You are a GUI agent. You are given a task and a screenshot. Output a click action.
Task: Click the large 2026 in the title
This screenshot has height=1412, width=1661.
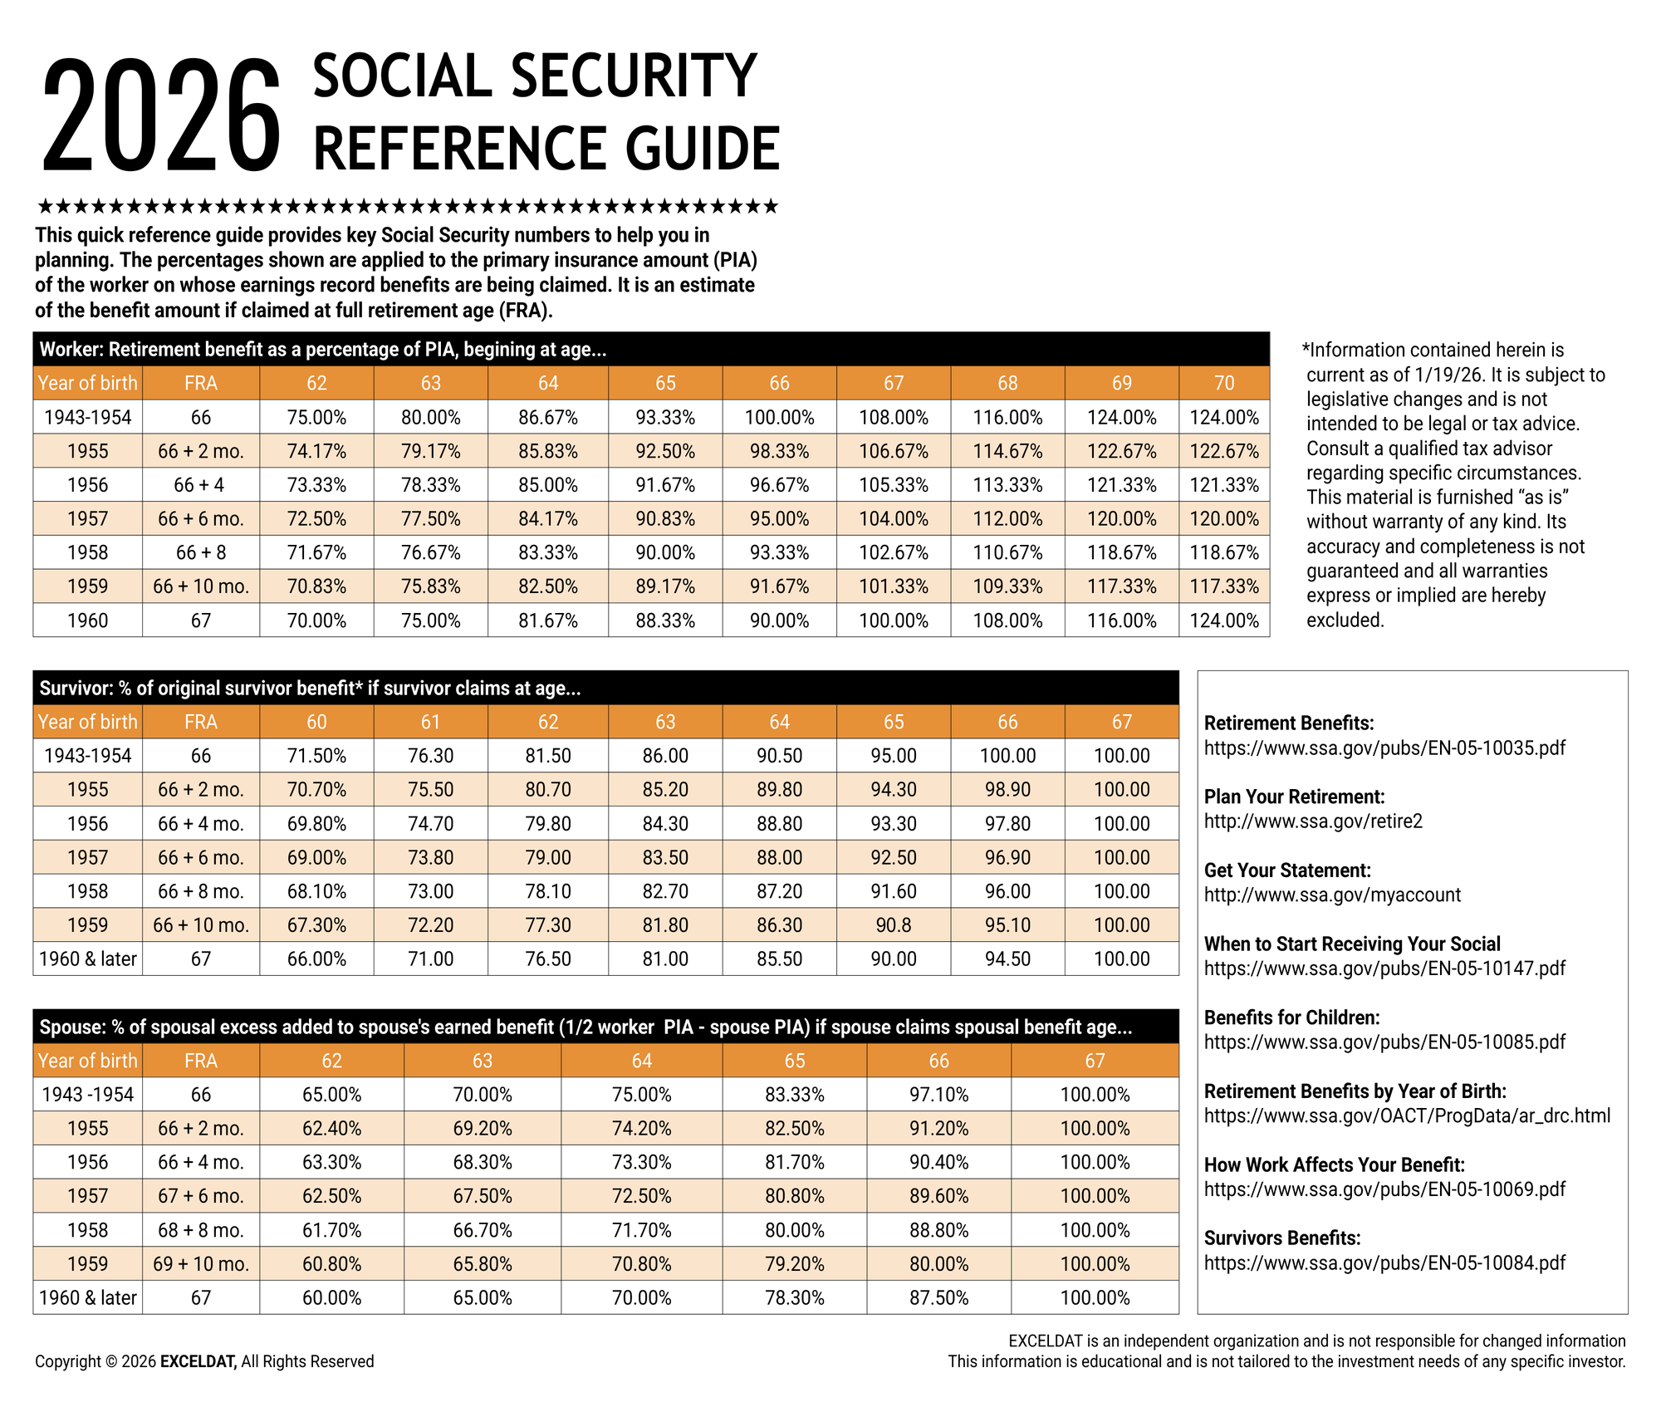point(162,116)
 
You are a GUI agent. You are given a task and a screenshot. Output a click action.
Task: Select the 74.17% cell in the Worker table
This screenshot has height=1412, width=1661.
point(316,451)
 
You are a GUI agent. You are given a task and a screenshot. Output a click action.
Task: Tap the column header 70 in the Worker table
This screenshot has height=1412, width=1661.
point(1224,383)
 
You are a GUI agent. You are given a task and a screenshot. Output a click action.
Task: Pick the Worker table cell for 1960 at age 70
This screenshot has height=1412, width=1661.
point(1224,620)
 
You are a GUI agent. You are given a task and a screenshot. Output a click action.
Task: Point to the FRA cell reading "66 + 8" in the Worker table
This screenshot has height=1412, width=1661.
point(200,552)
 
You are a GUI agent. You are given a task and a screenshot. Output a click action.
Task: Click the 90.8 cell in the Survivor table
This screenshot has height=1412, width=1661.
point(893,925)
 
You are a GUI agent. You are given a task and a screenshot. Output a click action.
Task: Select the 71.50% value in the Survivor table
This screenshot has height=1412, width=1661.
point(316,756)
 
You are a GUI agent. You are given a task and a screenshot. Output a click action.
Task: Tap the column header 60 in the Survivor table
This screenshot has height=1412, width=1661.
point(316,722)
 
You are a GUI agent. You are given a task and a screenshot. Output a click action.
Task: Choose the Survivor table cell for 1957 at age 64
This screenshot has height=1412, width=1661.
point(779,857)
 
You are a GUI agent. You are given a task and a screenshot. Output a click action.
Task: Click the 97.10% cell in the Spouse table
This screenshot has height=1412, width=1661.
point(938,1095)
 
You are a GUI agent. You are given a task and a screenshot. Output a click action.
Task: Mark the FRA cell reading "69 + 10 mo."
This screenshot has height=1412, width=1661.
point(200,1264)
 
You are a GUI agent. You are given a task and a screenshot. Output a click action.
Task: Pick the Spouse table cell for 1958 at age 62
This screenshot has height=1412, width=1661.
point(331,1230)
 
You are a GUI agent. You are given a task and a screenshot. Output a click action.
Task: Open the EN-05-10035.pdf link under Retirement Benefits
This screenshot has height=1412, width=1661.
point(1384,748)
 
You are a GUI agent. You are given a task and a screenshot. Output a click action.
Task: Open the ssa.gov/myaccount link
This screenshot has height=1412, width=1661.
point(1332,895)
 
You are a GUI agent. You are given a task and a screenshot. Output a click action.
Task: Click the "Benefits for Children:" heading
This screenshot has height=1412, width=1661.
point(1291,1017)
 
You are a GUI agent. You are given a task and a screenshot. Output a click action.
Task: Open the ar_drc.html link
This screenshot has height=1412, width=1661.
point(1407,1115)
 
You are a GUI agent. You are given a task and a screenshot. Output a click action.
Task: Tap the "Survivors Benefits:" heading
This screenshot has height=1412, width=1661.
point(1282,1238)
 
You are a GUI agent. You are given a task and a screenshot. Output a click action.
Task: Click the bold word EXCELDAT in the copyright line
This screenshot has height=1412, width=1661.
point(198,1361)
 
